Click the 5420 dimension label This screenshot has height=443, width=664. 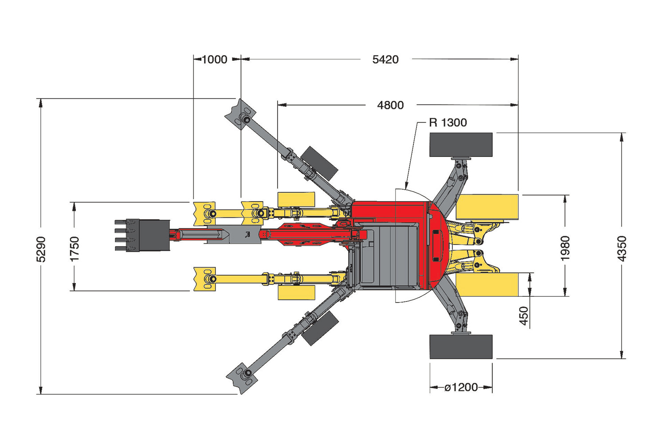tap(385, 60)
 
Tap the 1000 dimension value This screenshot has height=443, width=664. tap(215, 60)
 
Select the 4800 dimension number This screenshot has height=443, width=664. tap(390, 105)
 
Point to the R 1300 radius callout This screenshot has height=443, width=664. tap(448, 123)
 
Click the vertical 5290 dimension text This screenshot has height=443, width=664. tap(41, 249)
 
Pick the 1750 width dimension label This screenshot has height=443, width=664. tap(75, 249)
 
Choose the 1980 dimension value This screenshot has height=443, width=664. tap(565, 248)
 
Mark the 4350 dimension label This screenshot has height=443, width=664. tap(622, 249)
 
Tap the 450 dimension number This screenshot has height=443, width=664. tap(524, 316)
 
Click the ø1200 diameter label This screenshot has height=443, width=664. tap(461, 387)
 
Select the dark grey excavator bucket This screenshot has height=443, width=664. tap(142, 236)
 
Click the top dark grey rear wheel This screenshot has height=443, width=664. tap(461, 144)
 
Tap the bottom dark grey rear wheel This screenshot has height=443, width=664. tap(461, 347)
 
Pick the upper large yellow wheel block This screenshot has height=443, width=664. tap(487, 207)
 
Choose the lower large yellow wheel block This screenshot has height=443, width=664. tap(487, 284)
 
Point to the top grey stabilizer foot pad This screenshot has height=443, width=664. tap(240, 114)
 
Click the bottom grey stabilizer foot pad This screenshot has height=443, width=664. tap(242, 378)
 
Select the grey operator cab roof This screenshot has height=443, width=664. tap(390, 255)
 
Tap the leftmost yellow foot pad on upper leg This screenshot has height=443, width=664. tap(204, 214)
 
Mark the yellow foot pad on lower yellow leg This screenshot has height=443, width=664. tap(204, 279)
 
